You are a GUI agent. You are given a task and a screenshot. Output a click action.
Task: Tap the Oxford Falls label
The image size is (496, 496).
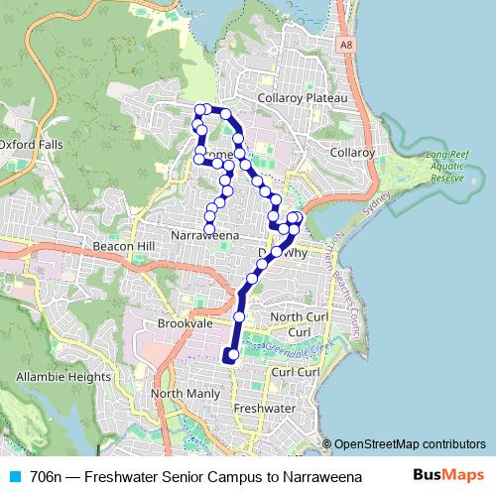pyautogui.click(x=31, y=144)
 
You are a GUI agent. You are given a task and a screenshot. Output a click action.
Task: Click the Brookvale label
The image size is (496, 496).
pyautogui.click(x=186, y=323)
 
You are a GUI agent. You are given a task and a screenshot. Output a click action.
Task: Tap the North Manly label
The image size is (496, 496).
pyautogui.click(x=186, y=394)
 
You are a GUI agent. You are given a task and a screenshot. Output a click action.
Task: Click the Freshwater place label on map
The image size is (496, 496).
pyautogui.click(x=265, y=408)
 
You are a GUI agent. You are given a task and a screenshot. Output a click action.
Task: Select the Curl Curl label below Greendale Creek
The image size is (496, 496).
pyautogui.click(x=294, y=371)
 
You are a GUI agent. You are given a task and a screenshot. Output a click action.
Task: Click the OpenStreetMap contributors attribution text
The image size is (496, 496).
pyautogui.click(x=409, y=444)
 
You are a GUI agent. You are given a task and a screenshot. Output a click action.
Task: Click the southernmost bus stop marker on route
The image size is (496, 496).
pyautogui.click(x=232, y=354)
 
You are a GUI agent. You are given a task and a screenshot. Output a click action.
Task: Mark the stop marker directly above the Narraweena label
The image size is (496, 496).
pyautogui.click(x=208, y=229)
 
